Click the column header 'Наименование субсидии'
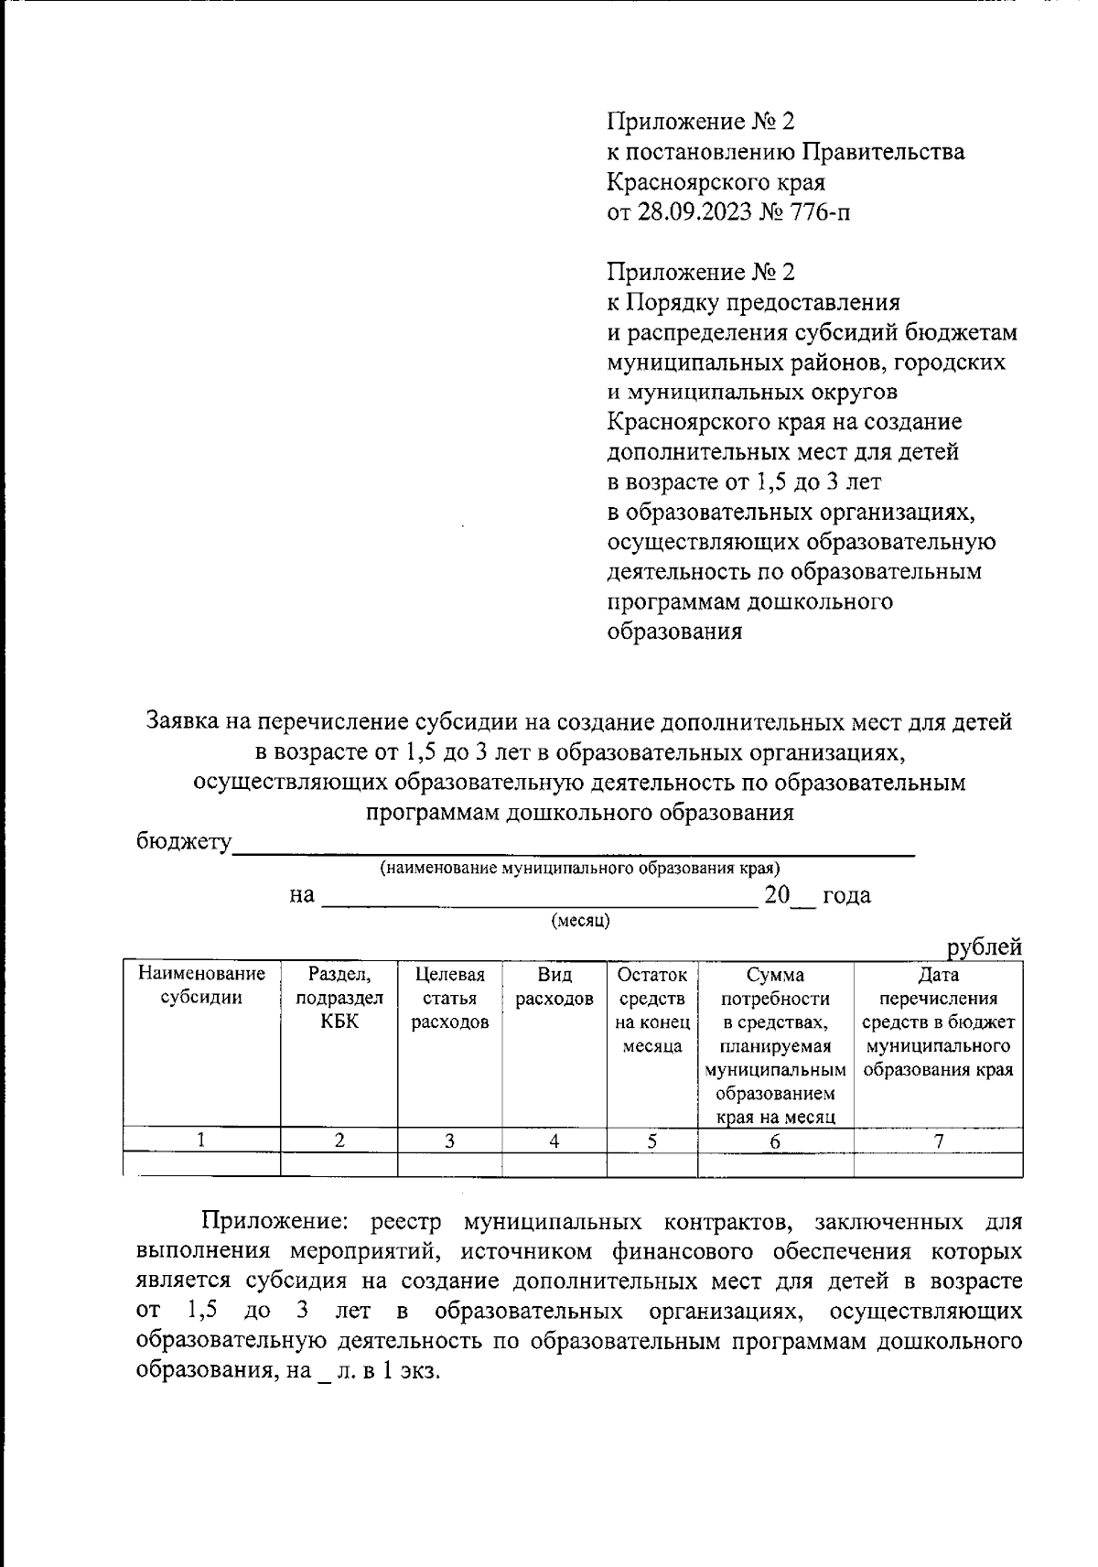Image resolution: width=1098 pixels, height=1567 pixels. point(201,986)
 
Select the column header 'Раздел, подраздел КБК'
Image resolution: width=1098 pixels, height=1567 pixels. point(339,998)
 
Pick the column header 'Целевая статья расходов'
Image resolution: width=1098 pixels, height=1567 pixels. point(449,998)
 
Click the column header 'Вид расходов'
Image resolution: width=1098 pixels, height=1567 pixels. point(554,986)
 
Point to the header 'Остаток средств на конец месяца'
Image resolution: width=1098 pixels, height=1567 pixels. point(652,1010)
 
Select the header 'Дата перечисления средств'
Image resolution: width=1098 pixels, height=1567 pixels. point(938,1021)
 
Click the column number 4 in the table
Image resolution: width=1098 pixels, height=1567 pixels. point(554,1140)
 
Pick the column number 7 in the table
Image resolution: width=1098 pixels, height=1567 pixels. point(938,1140)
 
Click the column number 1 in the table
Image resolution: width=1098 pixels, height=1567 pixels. point(201,1140)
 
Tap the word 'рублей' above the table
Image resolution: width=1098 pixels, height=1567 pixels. point(984,947)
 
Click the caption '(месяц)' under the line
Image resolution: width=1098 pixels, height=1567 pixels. point(580,920)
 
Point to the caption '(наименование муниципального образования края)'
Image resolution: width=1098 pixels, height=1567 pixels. point(580,867)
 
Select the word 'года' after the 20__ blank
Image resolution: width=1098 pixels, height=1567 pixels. point(846,895)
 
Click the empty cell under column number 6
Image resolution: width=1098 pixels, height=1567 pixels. point(775,1164)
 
